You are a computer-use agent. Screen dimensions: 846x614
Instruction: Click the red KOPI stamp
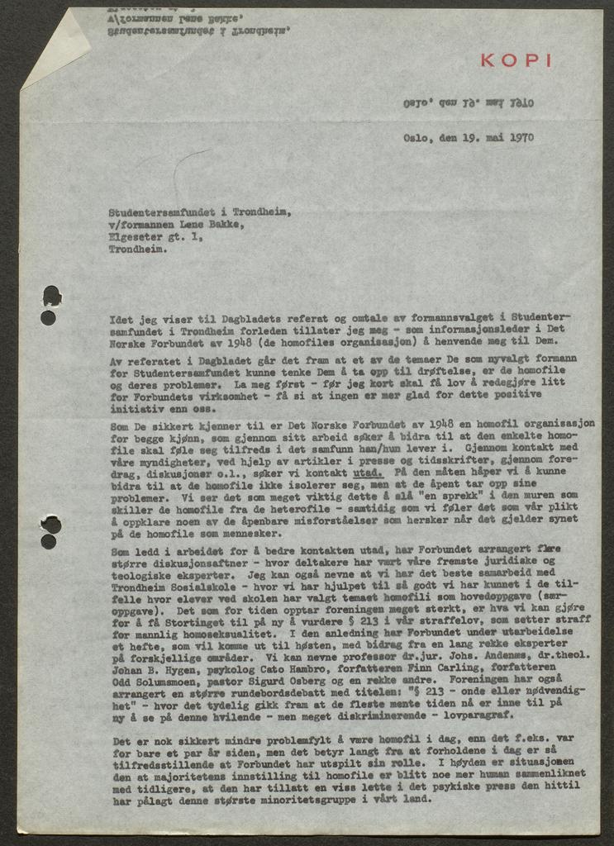pyautogui.click(x=516, y=60)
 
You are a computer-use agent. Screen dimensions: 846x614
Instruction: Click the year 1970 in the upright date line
pyautogui.click(x=521, y=138)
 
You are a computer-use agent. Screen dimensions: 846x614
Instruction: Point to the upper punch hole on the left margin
pyautogui.click(x=50, y=304)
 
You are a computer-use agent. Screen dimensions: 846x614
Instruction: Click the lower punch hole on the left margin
pyautogui.click(x=50, y=531)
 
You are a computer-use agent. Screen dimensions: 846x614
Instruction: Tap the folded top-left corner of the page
pyautogui.click(x=51, y=45)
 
